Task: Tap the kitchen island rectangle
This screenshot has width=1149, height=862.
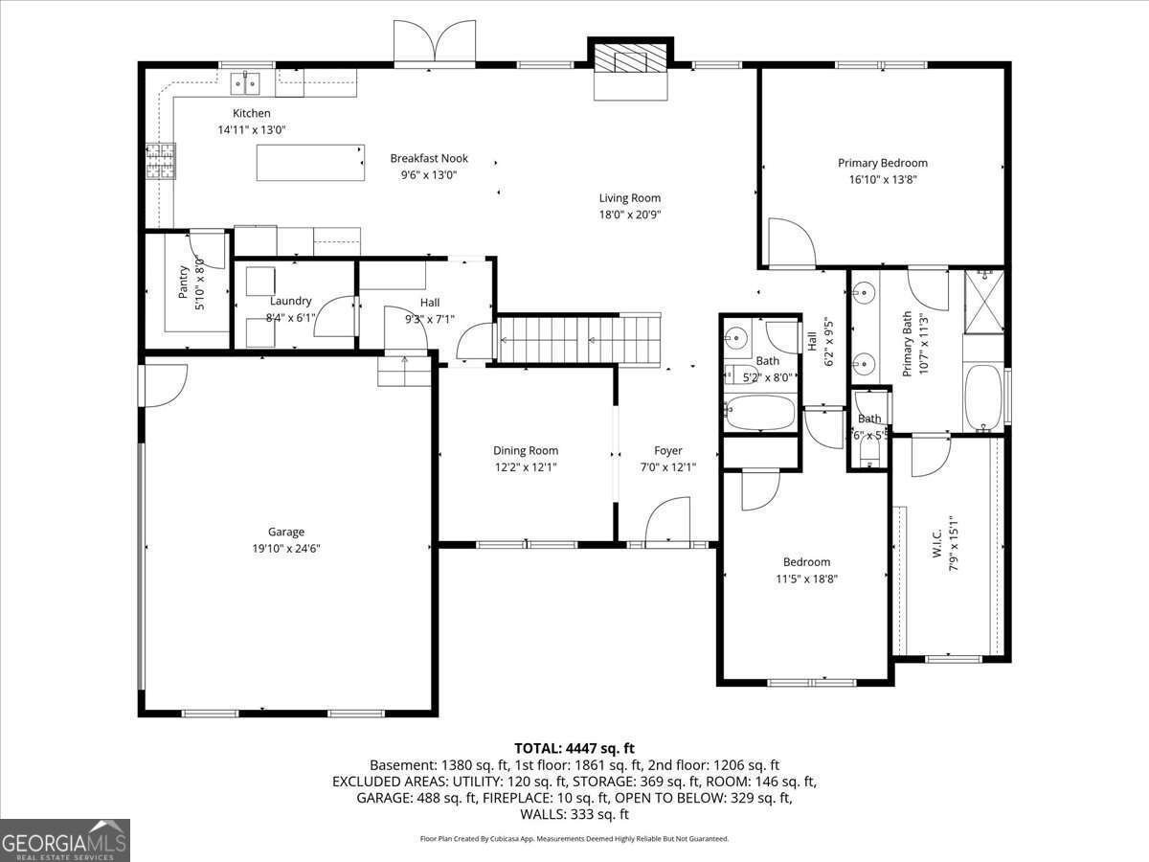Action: pos(310,163)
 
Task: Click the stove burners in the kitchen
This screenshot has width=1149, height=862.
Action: pos(161,161)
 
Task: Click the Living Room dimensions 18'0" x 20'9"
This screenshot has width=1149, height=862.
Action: pos(630,215)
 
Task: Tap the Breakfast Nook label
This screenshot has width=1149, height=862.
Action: pos(428,158)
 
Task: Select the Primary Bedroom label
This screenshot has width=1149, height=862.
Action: pos(882,163)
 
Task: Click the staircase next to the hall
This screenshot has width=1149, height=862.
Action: pos(578,339)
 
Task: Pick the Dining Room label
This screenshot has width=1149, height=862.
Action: pos(526,450)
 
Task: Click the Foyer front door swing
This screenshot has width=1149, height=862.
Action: pos(667,521)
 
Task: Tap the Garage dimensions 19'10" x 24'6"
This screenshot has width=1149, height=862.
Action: pos(285,549)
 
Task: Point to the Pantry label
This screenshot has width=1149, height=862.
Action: pos(185,282)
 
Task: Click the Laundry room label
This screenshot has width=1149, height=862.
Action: pos(290,301)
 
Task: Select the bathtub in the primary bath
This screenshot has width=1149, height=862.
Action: pos(982,397)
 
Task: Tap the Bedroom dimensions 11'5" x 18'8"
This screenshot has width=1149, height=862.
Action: pos(806,578)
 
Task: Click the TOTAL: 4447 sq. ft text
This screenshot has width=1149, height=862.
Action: pos(574,748)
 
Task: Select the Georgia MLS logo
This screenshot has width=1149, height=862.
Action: pos(65,840)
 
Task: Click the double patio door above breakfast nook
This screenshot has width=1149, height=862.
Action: pos(436,44)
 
